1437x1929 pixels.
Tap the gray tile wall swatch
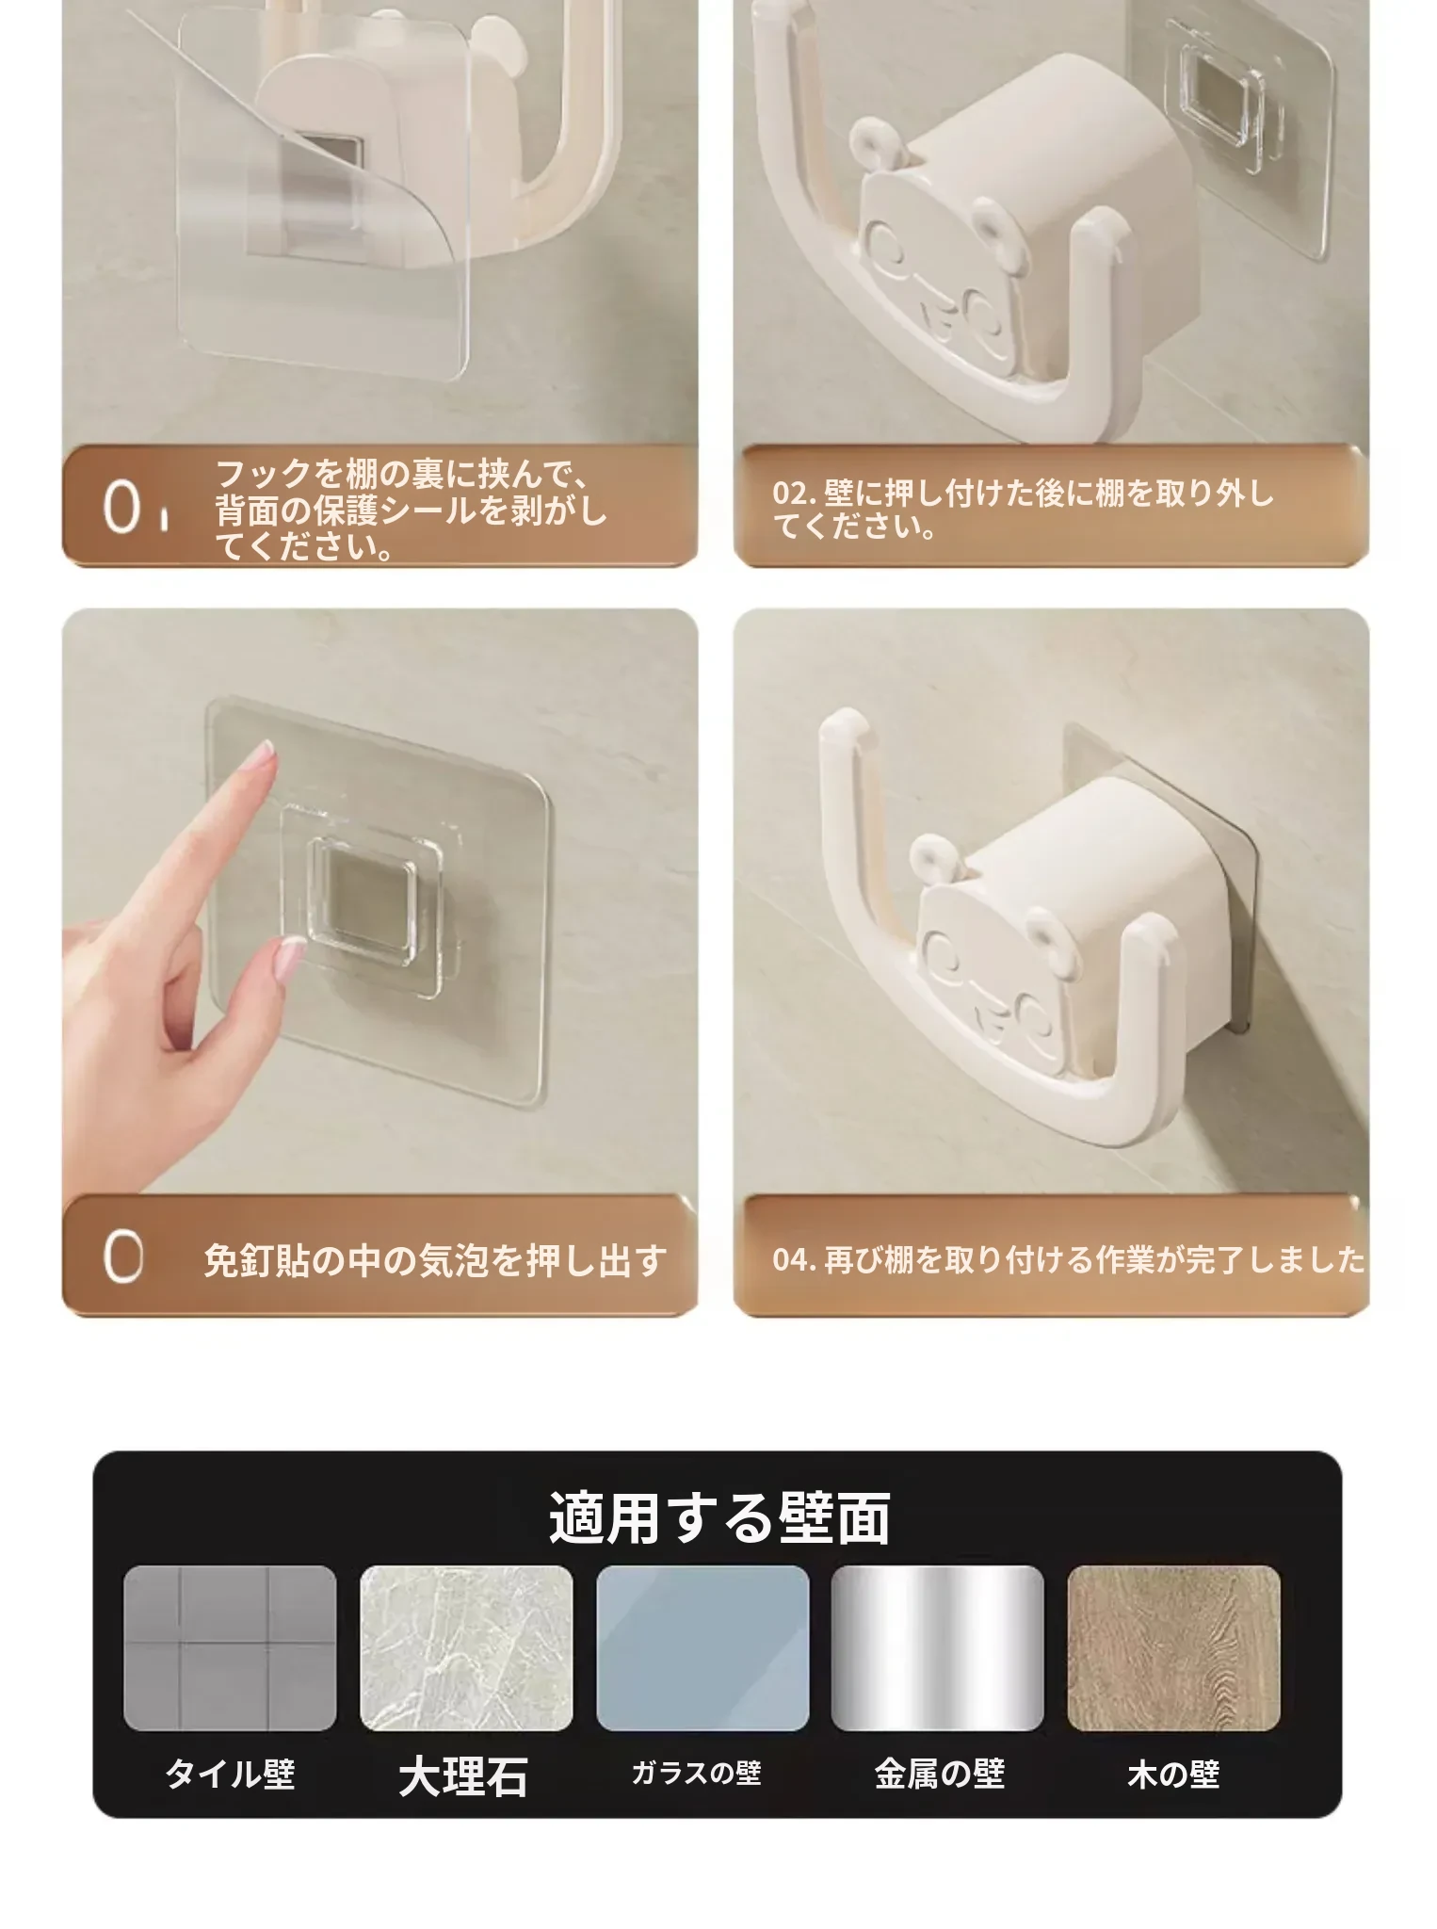pyautogui.click(x=230, y=1647)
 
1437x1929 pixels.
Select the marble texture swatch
pyautogui.click(x=466, y=1647)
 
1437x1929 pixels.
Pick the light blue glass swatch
pyautogui.click(x=702, y=1647)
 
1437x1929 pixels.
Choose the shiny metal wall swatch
pyautogui.click(x=938, y=1647)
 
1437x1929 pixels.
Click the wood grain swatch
pyautogui.click(x=1174, y=1647)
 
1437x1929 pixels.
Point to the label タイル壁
pyautogui.click(x=230, y=1775)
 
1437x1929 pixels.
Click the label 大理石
pyautogui.click(x=462, y=1776)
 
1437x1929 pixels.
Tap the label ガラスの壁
pyautogui.click(x=696, y=1773)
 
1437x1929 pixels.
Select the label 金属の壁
pyautogui.click(x=939, y=1775)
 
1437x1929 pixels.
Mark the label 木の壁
pyautogui.click(x=1173, y=1775)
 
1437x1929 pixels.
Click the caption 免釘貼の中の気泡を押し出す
pyautogui.click(x=435, y=1261)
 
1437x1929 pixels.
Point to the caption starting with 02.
pyautogui.click(x=1023, y=510)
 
